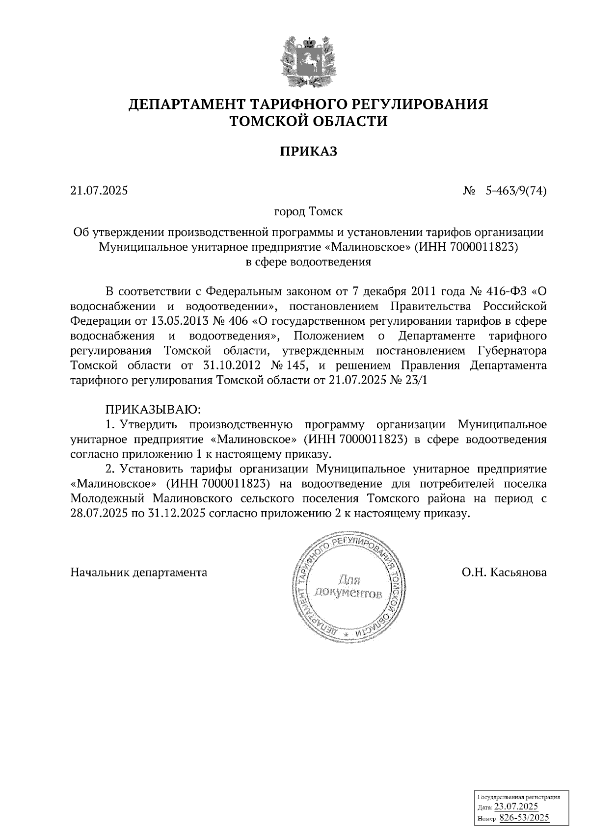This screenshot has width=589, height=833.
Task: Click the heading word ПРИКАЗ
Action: click(309, 152)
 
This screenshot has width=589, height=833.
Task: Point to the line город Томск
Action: click(308, 211)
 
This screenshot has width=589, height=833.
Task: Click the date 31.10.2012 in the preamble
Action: click(230, 365)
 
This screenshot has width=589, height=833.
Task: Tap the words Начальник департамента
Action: click(139, 573)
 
